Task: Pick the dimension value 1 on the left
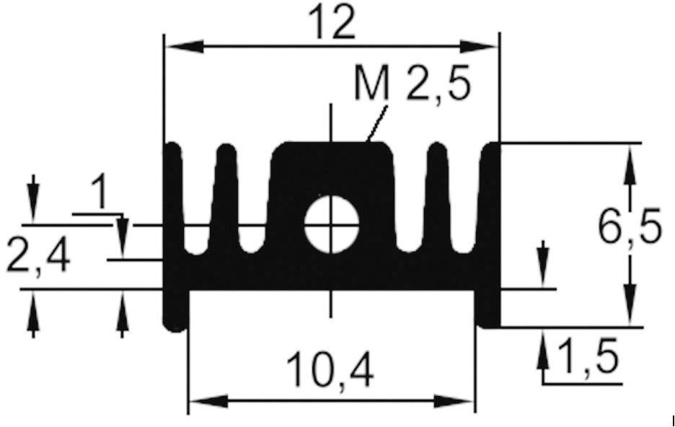[100, 195]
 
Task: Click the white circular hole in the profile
[332, 225]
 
